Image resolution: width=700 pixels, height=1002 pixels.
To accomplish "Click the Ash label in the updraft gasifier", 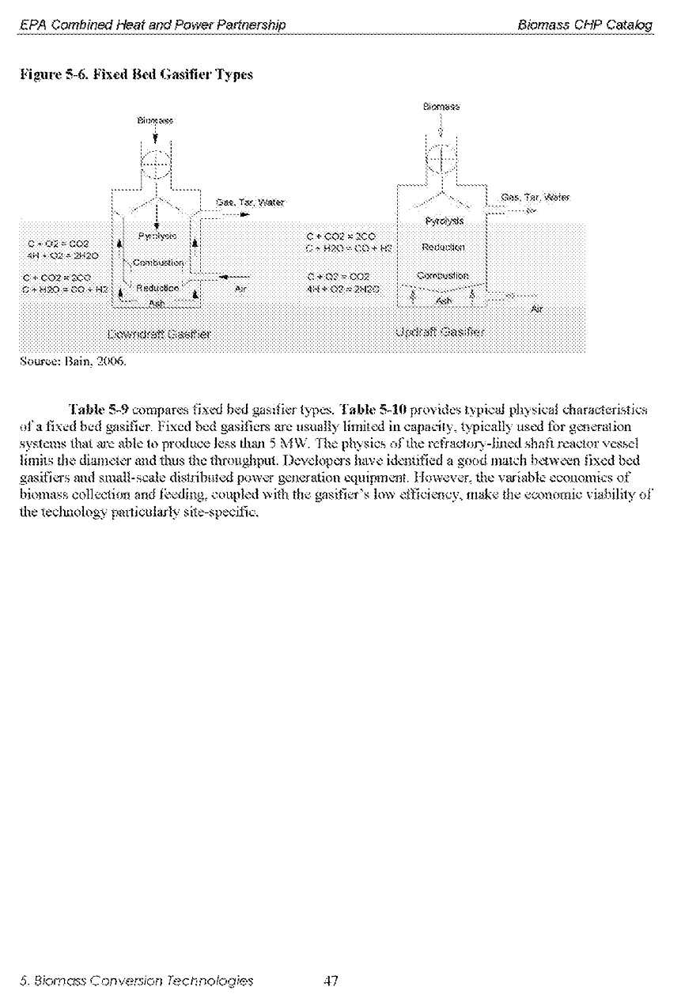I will pos(444,301).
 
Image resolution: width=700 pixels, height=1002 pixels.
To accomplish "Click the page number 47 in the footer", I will pos(331,981).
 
